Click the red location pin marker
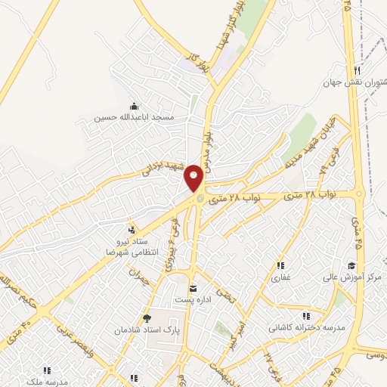coord(195,179)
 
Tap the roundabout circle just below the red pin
coord(200,199)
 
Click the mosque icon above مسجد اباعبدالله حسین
coord(135,106)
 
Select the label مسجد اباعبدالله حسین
coord(135,118)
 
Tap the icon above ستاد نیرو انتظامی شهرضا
coord(132,229)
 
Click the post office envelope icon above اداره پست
coord(193,288)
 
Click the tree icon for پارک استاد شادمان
coord(146,318)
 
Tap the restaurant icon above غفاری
coord(280,265)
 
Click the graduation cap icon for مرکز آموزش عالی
coord(351,265)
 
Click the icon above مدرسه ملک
coord(46,370)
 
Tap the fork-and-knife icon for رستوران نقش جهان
coord(356,70)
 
